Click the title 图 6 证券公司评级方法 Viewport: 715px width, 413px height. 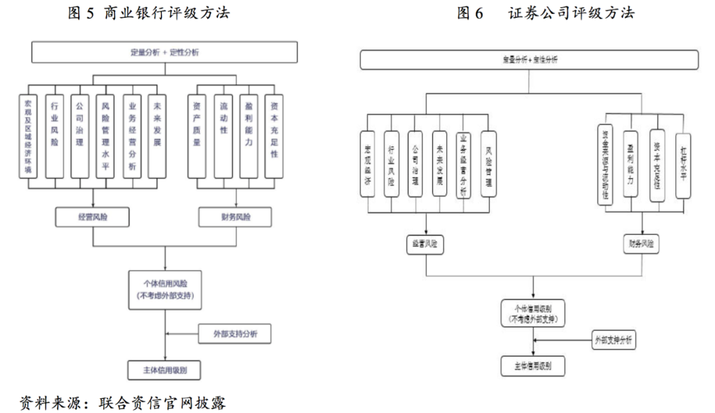click(546, 13)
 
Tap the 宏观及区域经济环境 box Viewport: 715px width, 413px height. click(28, 137)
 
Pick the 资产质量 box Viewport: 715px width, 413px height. click(196, 137)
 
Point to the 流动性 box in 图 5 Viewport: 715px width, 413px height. click(223, 137)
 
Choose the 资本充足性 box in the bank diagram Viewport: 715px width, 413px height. click(274, 137)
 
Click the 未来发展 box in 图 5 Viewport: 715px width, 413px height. click(157, 137)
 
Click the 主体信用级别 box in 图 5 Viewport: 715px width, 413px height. click(164, 369)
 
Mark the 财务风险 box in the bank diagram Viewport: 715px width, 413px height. click(236, 216)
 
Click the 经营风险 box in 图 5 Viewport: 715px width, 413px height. click(93, 216)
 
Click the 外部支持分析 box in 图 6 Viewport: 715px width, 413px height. click(614, 341)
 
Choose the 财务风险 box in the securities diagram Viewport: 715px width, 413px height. click(641, 244)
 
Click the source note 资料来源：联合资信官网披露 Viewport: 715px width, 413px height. click(124, 402)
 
